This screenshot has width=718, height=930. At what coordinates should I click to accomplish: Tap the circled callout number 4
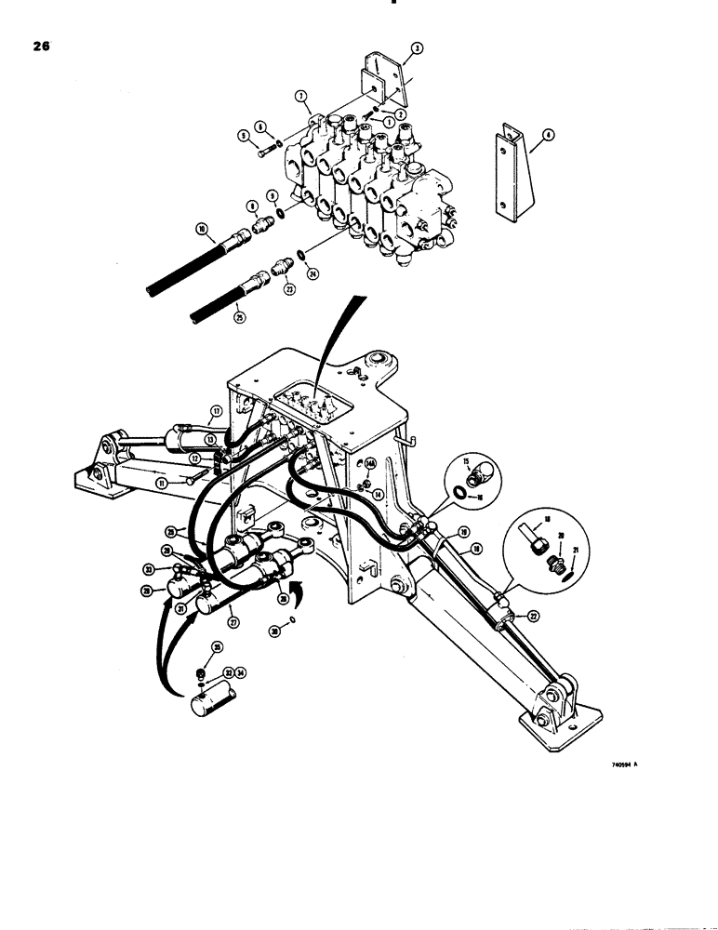550,134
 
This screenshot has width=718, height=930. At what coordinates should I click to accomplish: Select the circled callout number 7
300,96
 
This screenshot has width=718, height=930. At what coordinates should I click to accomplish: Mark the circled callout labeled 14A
369,462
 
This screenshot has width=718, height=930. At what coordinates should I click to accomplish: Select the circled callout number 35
217,646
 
